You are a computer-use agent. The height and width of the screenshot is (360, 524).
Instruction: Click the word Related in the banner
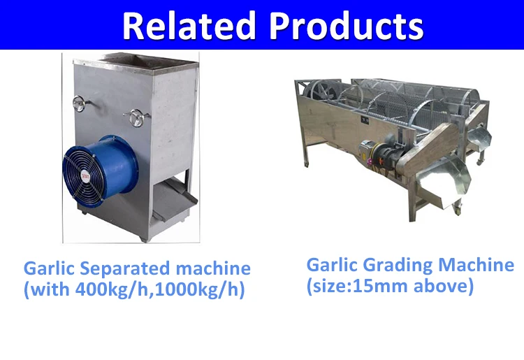(x=189, y=26)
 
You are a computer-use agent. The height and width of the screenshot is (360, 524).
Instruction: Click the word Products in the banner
(x=347, y=26)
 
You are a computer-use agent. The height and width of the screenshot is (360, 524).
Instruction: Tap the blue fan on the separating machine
(x=100, y=171)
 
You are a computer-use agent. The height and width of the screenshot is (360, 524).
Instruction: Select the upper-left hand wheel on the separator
(x=80, y=103)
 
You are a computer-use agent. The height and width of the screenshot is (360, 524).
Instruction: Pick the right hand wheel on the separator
(x=137, y=117)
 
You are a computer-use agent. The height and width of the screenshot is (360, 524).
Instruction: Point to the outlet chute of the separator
(x=175, y=200)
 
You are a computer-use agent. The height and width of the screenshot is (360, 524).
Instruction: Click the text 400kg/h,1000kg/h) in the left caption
(x=160, y=289)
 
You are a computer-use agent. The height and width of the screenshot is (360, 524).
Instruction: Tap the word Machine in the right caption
(x=476, y=265)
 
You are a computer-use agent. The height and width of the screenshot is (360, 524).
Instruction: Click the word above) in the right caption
(x=444, y=286)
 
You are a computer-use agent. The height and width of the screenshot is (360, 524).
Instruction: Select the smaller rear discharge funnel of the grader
(x=479, y=136)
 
